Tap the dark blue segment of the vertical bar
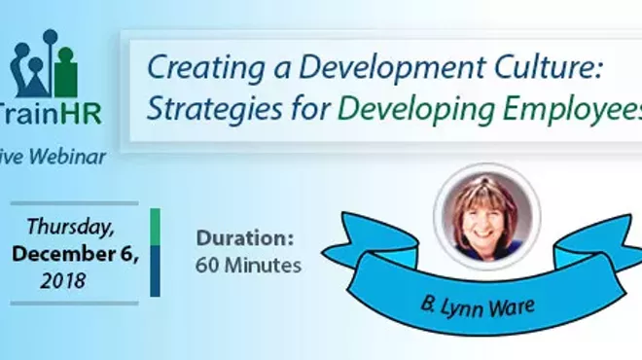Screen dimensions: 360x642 155,270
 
